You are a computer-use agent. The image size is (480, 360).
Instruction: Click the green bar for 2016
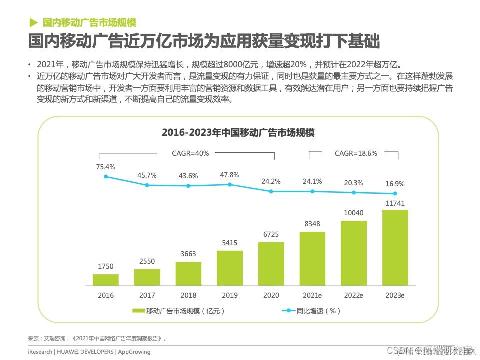coord(106,280)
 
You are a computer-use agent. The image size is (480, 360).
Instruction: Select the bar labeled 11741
coord(395,248)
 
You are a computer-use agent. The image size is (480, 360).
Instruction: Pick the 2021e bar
coord(312,259)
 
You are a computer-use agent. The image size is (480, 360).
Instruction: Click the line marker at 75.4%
coord(106,176)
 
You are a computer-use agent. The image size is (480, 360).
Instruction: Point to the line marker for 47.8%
coord(230,184)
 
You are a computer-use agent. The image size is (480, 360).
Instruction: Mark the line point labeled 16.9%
coord(395,194)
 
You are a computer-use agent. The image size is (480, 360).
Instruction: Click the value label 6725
coord(271,235)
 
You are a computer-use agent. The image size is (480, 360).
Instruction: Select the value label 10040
coord(354,213)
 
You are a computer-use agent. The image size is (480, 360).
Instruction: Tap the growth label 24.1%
coord(312,181)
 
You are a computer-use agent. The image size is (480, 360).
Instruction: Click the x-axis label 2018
coord(188,296)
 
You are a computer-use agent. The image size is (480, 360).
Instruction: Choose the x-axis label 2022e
coord(354,296)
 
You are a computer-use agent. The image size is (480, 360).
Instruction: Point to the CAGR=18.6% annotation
coord(356,153)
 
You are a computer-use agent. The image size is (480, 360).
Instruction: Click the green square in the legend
coord(138,311)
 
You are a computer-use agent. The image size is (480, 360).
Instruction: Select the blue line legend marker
coord(288,311)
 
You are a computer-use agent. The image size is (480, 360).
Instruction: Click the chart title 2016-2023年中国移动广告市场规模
coord(238,133)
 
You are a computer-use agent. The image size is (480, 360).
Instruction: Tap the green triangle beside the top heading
coord(33,22)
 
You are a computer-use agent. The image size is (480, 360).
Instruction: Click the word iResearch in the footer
coord(40,352)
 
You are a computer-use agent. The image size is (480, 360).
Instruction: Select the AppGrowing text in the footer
coord(134,352)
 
